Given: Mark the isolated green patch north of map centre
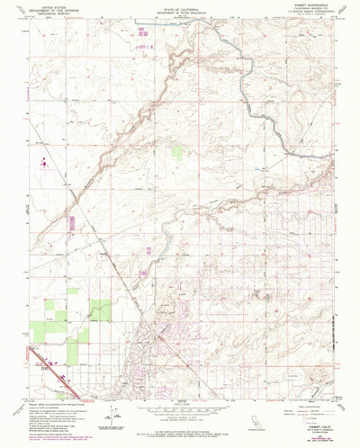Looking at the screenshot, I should coord(177,153).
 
